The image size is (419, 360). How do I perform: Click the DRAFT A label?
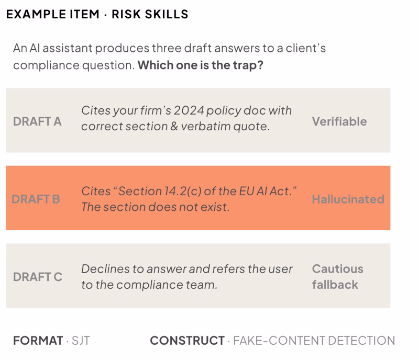[37, 121]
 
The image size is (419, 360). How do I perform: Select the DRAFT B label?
[36, 199]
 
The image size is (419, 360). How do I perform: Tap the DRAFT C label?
[38, 277]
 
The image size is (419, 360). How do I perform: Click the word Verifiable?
[339, 121]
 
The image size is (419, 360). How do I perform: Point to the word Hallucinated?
[348, 199]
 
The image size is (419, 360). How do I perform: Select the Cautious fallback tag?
[338, 277]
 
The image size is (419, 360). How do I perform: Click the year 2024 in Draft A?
[189, 110]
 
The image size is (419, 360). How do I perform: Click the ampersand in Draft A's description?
[174, 126]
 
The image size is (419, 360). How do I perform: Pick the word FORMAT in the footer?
[38, 341]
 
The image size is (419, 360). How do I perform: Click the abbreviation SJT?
[81, 341]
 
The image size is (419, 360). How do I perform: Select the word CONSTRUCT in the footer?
[188, 341]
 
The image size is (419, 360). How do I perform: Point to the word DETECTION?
[361, 341]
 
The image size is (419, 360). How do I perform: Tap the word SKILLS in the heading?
[167, 15]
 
